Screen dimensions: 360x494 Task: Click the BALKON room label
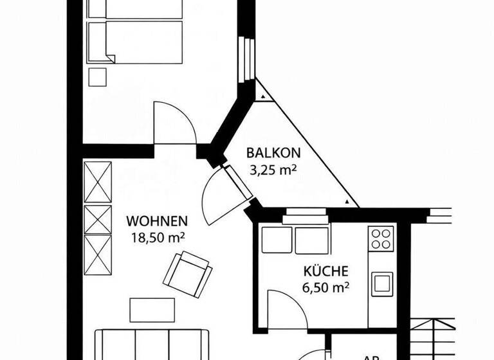(273, 154)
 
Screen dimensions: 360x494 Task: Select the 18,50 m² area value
(157, 237)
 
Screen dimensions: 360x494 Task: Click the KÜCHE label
(326, 271)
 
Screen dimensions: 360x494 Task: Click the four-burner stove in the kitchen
(380, 239)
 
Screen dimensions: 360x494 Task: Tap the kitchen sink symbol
(381, 282)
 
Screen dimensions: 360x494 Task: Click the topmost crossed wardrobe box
(98, 182)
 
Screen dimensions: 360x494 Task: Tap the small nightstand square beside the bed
(98, 77)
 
